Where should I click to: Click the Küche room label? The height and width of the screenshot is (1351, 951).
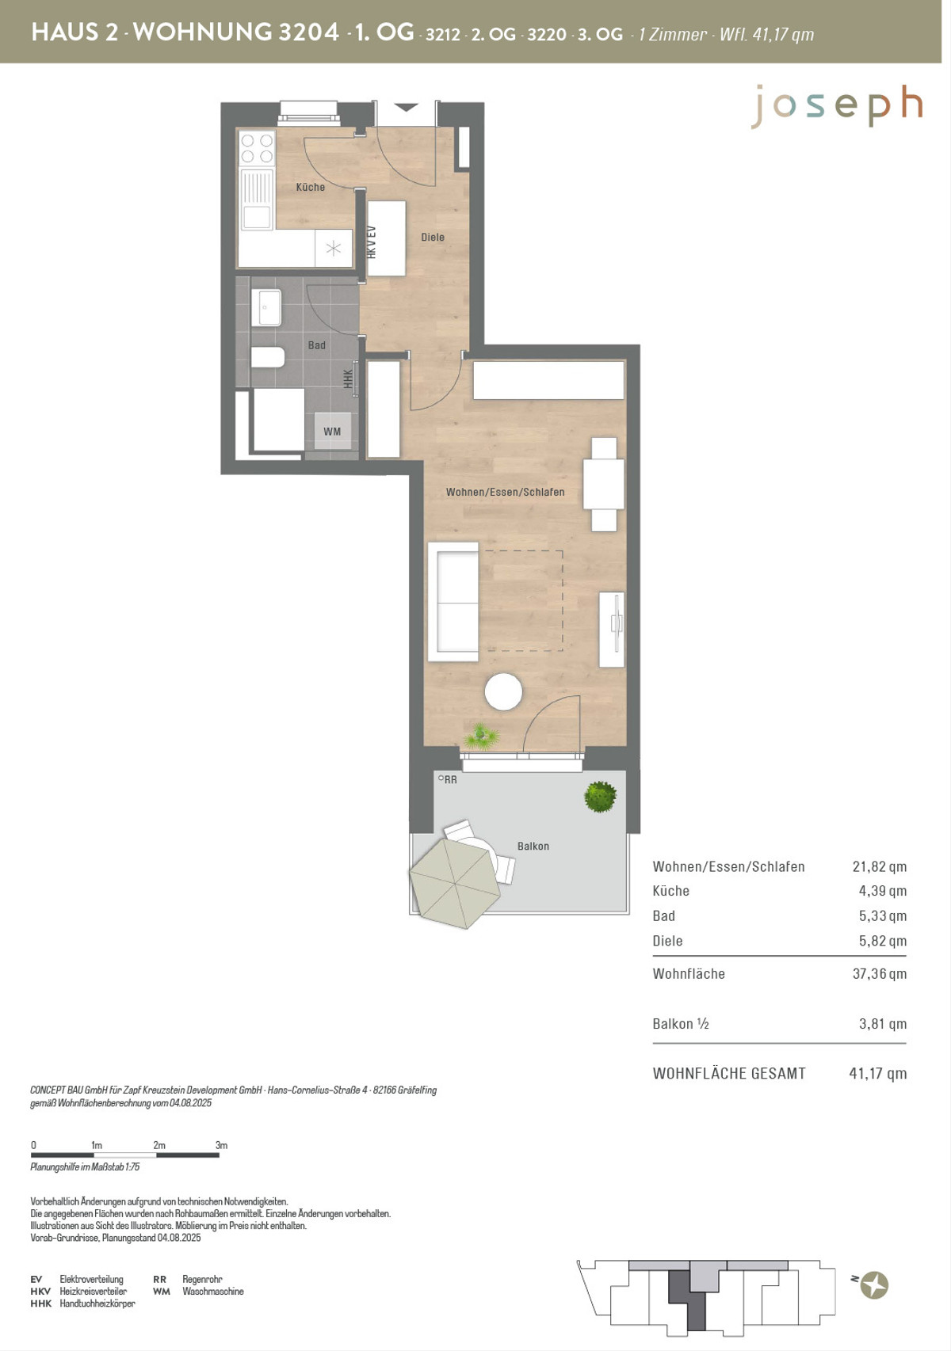[310, 187]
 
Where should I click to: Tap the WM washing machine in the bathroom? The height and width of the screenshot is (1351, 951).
[332, 432]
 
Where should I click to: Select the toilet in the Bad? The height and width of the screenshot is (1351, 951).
[267, 357]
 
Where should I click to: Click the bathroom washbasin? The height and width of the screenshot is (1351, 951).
[265, 307]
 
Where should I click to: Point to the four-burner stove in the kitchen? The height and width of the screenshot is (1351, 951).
[257, 148]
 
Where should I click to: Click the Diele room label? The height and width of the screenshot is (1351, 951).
[433, 237]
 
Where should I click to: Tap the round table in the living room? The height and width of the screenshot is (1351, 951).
[503, 691]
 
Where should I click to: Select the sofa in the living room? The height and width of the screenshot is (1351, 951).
[453, 602]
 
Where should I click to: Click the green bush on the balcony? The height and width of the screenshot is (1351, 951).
[601, 796]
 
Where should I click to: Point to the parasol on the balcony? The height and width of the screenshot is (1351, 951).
[454, 884]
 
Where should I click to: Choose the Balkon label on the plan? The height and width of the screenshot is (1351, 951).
[533, 847]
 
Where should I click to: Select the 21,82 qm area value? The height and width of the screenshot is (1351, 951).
[879, 866]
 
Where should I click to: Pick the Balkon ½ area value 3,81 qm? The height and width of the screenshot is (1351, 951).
[883, 1023]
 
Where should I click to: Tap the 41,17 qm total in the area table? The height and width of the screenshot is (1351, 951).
[878, 1074]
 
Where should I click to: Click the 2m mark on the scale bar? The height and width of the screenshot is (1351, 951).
[159, 1145]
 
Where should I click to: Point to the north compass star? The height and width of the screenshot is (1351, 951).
[874, 1284]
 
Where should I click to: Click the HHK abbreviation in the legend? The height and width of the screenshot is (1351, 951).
[40, 1303]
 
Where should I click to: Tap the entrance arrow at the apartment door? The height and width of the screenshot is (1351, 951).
[406, 108]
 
